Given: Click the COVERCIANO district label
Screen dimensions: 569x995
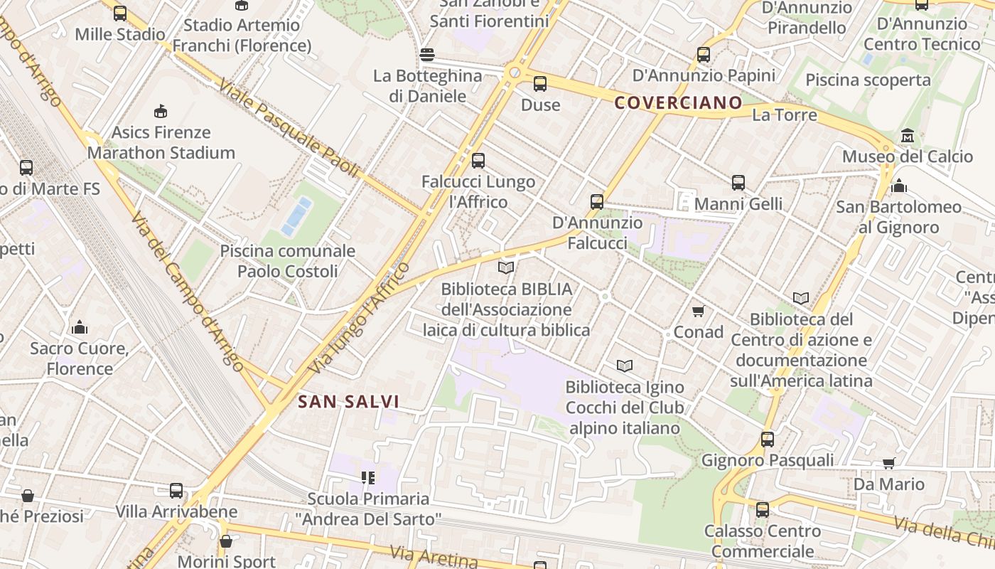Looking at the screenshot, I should [x=678, y=103].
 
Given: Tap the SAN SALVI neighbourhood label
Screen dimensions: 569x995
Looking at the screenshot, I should [x=348, y=402].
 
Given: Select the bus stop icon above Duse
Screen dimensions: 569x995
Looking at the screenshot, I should [x=540, y=84].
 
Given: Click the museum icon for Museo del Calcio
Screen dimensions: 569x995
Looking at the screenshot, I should [x=908, y=136].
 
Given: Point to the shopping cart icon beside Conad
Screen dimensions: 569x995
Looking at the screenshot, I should [x=698, y=311].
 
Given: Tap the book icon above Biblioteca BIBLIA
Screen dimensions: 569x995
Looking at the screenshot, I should [x=506, y=268].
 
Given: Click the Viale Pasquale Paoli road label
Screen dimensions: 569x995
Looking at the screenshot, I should [x=289, y=128].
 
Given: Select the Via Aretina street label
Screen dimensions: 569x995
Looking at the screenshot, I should [x=434, y=555].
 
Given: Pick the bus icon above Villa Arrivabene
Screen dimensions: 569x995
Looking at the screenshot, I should [x=176, y=491].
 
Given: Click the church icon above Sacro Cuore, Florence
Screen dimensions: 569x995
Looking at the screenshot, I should [x=80, y=327].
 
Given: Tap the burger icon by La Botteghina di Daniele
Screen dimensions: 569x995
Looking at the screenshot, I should [x=427, y=55].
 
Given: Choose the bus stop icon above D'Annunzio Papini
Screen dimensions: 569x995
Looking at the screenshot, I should [x=704, y=54].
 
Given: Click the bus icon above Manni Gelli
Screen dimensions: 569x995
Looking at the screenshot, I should [x=738, y=183].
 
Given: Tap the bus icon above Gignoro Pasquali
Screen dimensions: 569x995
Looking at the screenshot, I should [x=768, y=440].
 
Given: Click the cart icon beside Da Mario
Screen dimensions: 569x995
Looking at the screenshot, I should [x=888, y=464].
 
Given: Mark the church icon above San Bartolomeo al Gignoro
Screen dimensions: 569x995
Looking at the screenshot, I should [x=899, y=186].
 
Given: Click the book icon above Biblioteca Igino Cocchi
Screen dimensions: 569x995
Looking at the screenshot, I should [x=625, y=366].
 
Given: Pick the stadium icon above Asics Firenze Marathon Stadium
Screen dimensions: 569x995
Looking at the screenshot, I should [x=161, y=111].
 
